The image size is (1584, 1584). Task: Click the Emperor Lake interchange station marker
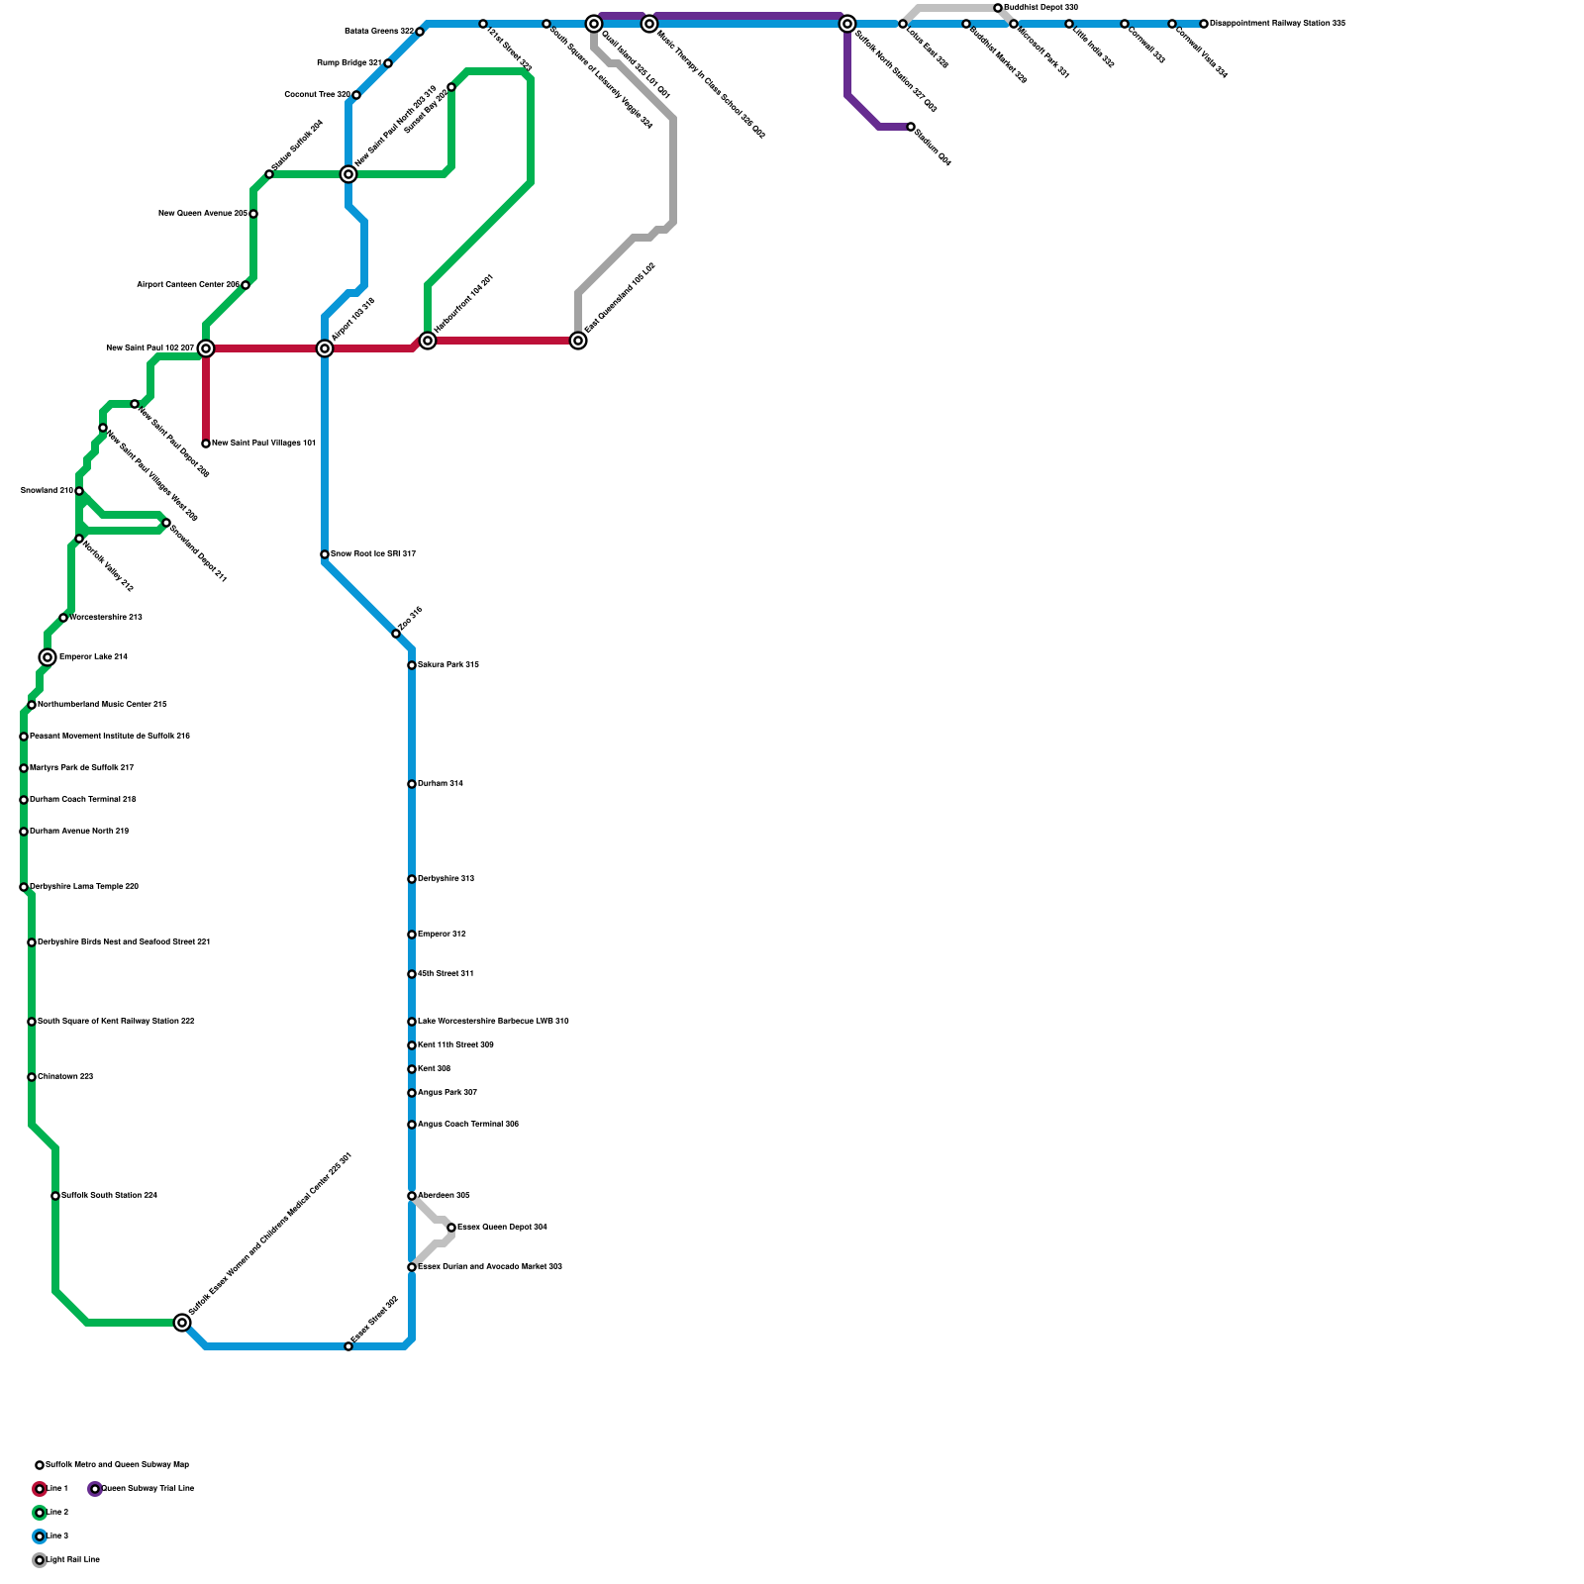pos(48,657)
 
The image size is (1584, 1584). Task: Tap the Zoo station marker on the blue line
pos(396,634)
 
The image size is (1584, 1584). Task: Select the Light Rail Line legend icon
pos(40,1560)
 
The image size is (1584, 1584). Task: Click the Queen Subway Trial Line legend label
pos(148,1489)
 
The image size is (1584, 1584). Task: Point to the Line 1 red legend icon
pos(40,1489)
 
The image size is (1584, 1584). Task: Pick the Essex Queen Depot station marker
pos(451,1228)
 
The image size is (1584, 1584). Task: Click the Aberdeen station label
pos(444,1196)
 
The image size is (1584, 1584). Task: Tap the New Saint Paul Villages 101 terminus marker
pos(206,444)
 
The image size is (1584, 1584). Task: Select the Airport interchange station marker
pos(325,348)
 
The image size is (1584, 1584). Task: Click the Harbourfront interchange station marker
pos(428,341)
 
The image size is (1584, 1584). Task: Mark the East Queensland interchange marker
pos(578,341)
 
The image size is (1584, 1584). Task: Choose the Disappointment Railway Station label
pos(1277,24)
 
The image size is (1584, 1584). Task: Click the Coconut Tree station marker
pos(356,95)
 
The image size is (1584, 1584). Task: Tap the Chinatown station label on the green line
pos(65,1077)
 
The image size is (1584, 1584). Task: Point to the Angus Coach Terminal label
pos(468,1125)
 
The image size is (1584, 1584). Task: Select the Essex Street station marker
pos(348,1346)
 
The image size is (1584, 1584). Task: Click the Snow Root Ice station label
pos(372,554)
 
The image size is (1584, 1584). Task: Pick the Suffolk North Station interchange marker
pos(847,24)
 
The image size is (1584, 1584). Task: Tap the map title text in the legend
pos(117,1465)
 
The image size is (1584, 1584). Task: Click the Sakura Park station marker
pos(412,665)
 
